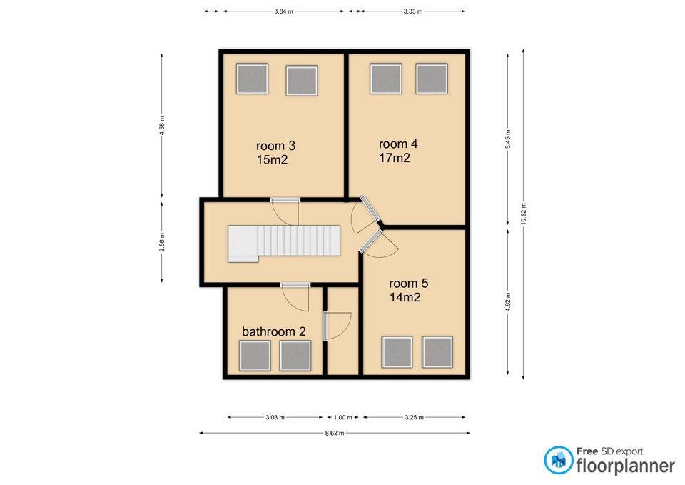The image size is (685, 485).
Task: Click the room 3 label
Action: (x=275, y=146)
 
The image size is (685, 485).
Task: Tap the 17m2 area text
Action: (x=395, y=158)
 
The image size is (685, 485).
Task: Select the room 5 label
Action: (x=408, y=284)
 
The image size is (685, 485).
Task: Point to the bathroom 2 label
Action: (x=274, y=331)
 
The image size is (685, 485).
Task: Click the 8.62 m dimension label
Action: (x=334, y=434)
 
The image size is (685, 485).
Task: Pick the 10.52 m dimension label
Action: (x=523, y=214)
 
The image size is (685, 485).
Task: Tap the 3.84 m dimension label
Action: (x=283, y=11)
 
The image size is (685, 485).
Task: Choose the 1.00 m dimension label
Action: (x=343, y=418)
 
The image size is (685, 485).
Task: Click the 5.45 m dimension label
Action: (x=507, y=139)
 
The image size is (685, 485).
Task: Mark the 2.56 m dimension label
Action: (x=162, y=242)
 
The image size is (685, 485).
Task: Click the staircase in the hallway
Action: (x=284, y=243)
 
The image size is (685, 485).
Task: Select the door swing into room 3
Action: (x=285, y=212)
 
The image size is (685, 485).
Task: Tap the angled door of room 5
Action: (x=378, y=244)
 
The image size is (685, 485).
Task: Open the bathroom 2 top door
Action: (x=295, y=297)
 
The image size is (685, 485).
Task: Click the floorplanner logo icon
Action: (x=558, y=460)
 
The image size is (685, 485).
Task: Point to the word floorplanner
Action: (x=626, y=466)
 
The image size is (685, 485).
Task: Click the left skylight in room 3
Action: (x=252, y=79)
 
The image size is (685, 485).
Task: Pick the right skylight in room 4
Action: (x=432, y=79)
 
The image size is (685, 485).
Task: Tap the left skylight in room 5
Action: (x=397, y=352)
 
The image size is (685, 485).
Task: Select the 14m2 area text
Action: (x=405, y=297)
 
